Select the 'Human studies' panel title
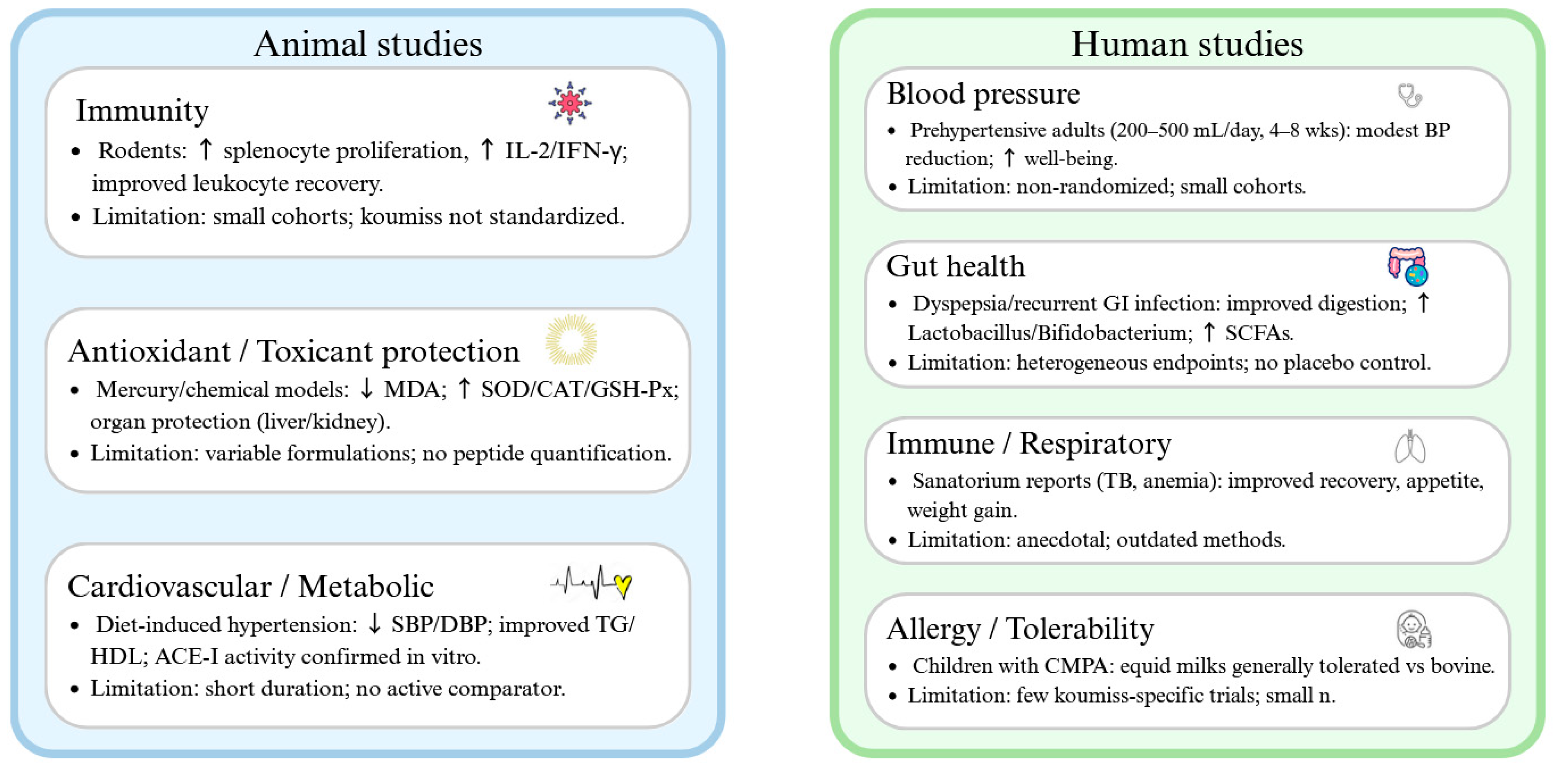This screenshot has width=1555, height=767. point(1187,44)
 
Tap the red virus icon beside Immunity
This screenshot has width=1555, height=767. point(569,103)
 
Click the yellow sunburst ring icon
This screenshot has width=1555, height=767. point(571,340)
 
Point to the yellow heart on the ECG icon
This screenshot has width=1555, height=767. point(622,585)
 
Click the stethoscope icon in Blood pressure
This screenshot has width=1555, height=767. point(1409,95)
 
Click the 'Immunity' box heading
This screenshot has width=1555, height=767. point(143,110)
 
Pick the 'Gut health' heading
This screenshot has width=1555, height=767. point(956,266)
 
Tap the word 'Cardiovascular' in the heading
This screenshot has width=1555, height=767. point(170,586)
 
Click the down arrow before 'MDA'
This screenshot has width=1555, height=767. point(366,389)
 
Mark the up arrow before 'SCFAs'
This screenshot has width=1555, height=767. point(1208,332)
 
